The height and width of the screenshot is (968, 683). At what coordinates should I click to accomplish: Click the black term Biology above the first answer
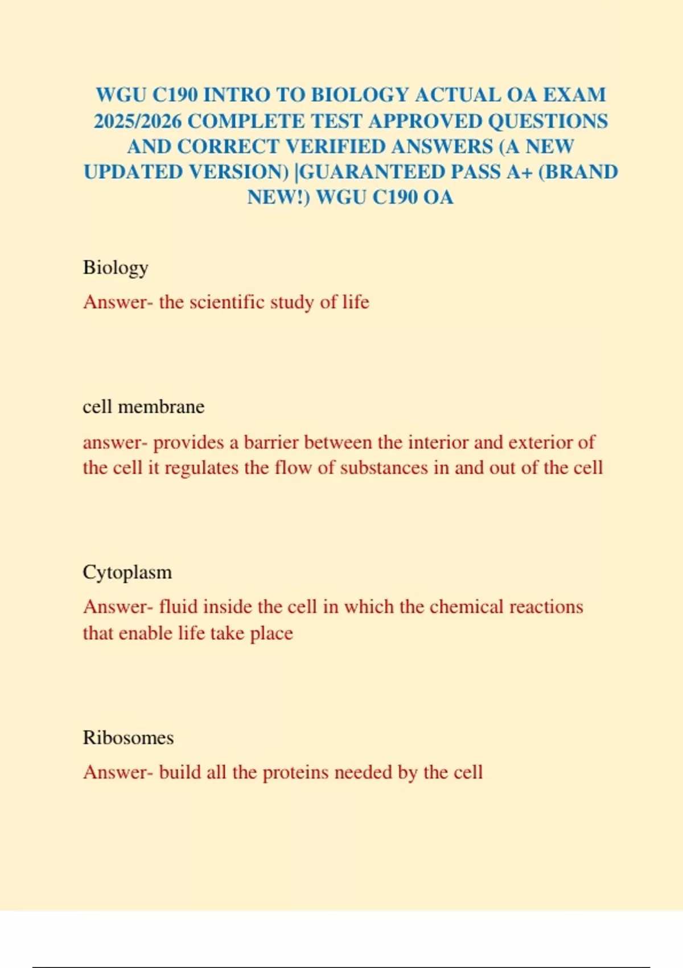(116, 268)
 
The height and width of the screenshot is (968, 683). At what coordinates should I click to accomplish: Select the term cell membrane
(143, 407)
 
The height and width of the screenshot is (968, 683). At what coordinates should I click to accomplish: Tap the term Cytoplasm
(127, 572)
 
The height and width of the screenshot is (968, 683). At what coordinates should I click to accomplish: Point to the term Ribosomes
(128, 737)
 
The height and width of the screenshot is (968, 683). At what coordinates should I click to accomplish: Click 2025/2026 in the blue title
(137, 121)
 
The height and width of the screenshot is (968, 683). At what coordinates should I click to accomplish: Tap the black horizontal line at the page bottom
(341, 967)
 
